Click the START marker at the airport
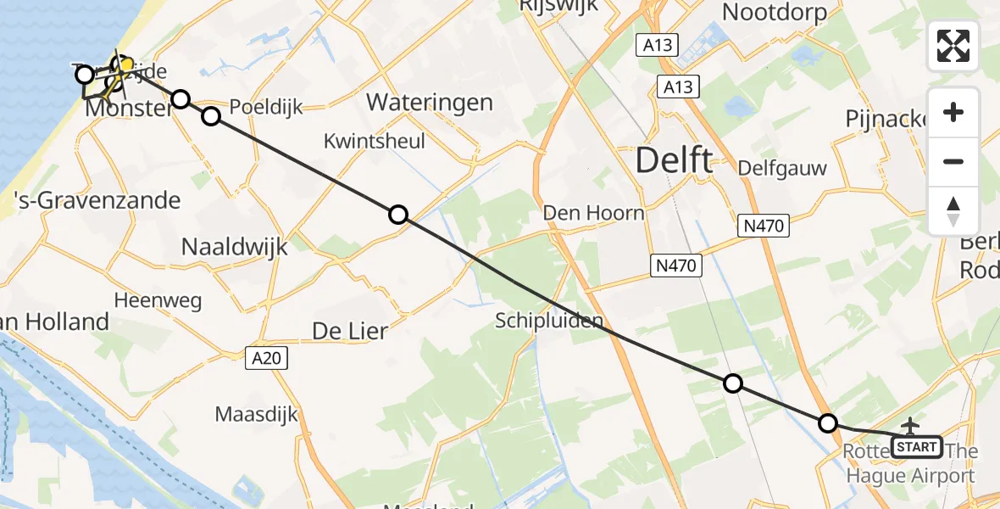(x=917, y=446)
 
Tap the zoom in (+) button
(x=953, y=113)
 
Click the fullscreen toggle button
(x=953, y=46)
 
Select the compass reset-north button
(x=953, y=211)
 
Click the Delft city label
(x=674, y=159)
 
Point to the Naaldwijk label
(x=235, y=247)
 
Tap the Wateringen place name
(x=429, y=103)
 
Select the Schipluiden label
(x=549, y=321)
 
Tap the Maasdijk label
(x=256, y=415)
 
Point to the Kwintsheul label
(x=375, y=142)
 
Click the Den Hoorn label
(x=593, y=212)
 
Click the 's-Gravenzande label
(x=98, y=200)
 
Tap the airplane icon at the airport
(x=911, y=425)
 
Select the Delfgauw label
(x=781, y=168)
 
